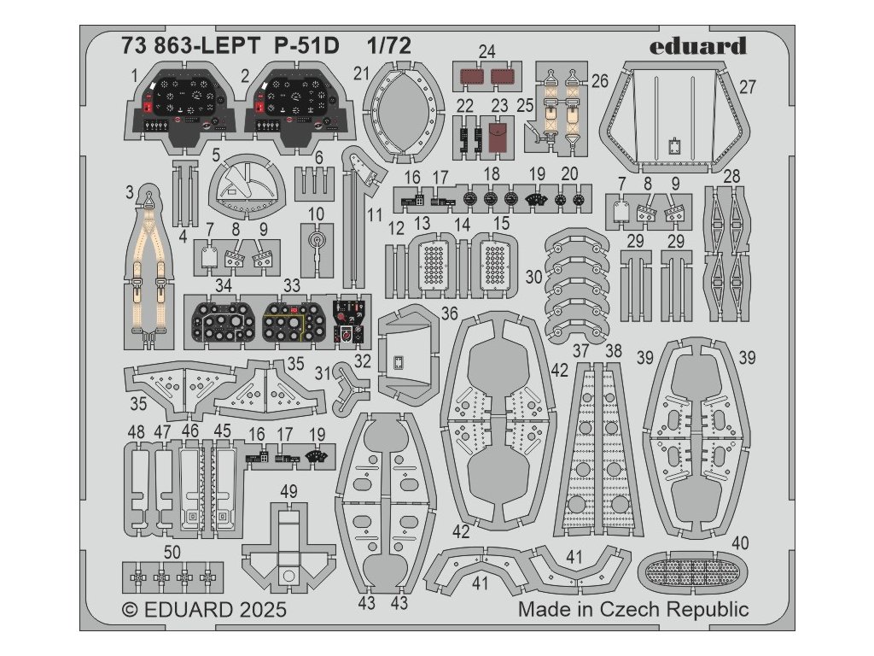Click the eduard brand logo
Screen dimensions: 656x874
[696, 46]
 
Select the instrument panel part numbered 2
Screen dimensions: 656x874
[299, 104]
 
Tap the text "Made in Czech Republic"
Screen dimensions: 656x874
[633, 610]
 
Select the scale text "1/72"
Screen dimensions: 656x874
[389, 46]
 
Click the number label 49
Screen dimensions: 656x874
[288, 491]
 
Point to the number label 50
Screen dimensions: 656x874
[172, 553]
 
